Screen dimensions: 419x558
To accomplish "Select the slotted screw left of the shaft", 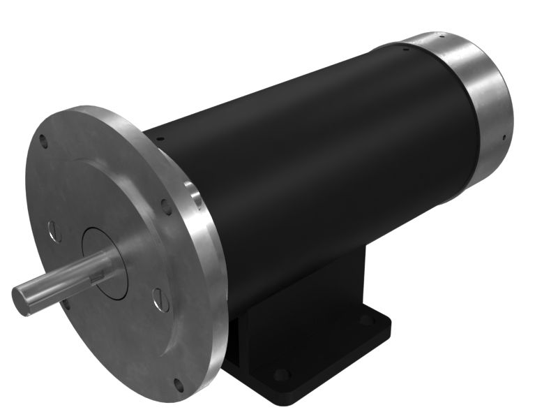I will point(54,230).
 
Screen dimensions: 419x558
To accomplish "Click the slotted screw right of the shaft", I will point(159,300).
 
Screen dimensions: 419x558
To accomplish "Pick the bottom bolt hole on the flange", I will point(178,384).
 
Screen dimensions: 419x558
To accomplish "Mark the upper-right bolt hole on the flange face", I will point(166,206).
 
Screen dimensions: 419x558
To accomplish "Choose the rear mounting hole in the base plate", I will point(365,320).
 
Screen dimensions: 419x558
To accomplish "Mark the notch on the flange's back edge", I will point(194,196).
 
